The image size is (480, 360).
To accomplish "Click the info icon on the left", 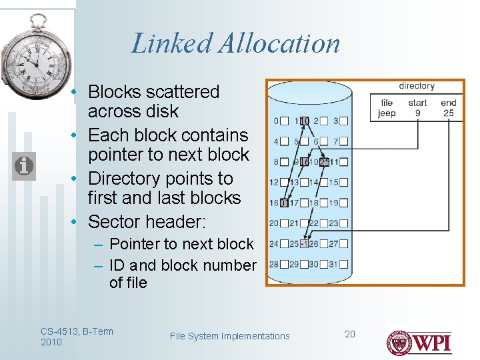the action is (23, 165).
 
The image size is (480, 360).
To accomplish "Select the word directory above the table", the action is (417, 86).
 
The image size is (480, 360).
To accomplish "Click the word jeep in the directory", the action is (387, 113).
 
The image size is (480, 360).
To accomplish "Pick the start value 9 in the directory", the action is (418, 113).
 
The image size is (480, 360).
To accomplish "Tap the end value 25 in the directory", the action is (448, 113).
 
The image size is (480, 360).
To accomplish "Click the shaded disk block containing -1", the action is (303, 243).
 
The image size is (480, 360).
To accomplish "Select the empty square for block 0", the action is (284, 121).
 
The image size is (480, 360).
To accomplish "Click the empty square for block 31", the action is (344, 265).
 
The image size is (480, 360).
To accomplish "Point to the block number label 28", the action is (273, 265).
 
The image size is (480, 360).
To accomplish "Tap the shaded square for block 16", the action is (284, 203).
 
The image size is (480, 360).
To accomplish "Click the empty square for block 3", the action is (344, 121).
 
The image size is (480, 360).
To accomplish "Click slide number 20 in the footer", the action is (350, 333).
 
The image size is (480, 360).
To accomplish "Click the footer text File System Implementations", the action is (230, 336).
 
